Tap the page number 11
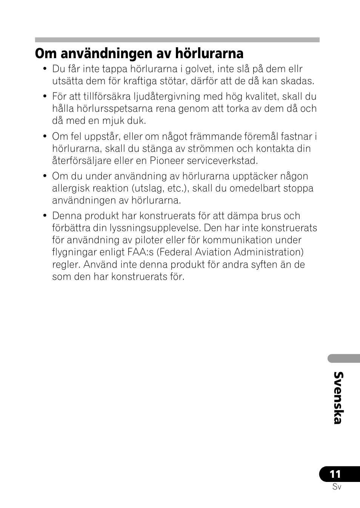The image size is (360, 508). click(335, 474)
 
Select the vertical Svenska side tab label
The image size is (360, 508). click(338, 398)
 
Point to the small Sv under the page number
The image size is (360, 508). click(337, 487)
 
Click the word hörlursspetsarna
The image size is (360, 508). click(126, 109)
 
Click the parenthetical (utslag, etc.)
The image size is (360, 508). click(160, 188)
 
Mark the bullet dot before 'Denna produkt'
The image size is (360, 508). click(45, 216)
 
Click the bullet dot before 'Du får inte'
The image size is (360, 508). click(45, 69)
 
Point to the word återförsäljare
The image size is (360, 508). click(81, 161)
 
